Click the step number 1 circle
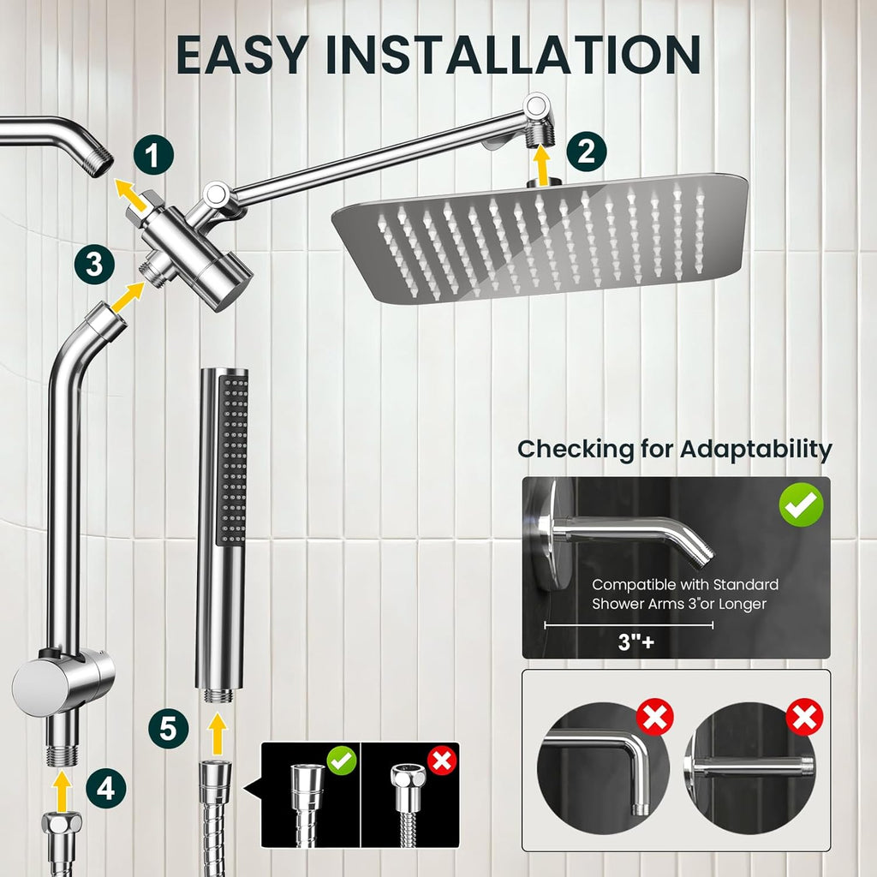[x=154, y=157]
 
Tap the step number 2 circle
[x=586, y=152]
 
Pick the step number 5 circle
[x=168, y=729]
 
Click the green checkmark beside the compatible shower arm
[x=801, y=507]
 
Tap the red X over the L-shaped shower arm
[x=655, y=717]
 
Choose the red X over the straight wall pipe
[x=804, y=717]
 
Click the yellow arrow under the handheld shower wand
[x=218, y=733]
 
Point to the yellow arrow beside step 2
[x=540, y=165]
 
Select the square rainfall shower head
[x=540, y=236]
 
